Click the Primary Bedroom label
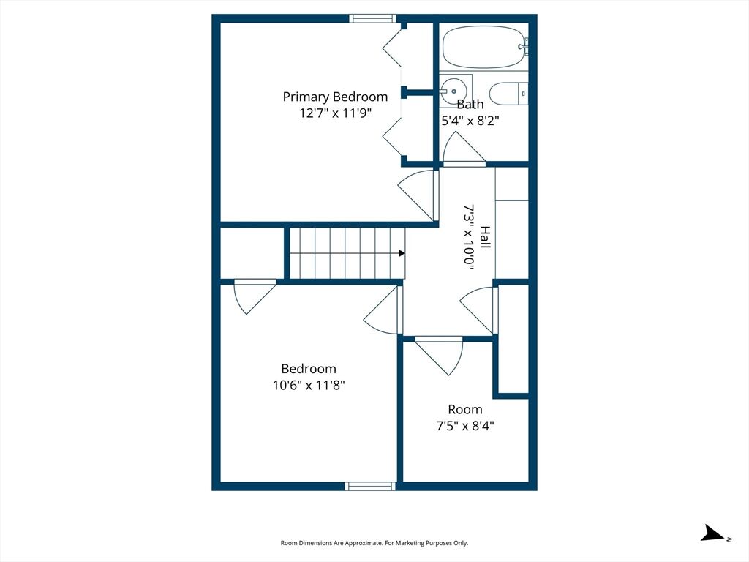point(335,97)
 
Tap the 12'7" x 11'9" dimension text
point(335,113)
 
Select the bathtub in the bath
point(483,47)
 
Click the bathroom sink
point(453,91)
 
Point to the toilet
point(508,94)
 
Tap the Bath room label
point(470,104)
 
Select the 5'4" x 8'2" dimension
point(470,121)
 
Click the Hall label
point(486,237)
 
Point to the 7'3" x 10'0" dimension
point(469,238)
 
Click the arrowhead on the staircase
point(402,253)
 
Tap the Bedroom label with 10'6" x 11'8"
point(309,369)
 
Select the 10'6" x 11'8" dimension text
point(309,385)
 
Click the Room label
point(464,410)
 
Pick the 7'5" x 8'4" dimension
point(464,425)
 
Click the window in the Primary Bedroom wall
point(372,18)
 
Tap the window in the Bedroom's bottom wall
point(370,486)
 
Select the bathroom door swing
point(464,148)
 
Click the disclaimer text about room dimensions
point(374,543)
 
